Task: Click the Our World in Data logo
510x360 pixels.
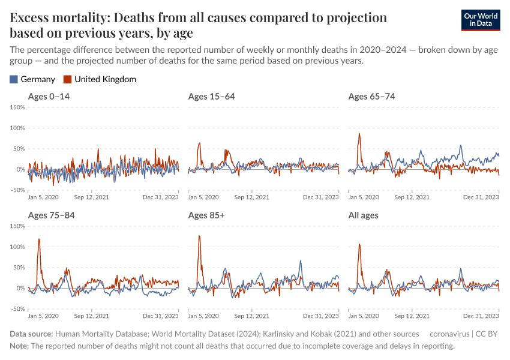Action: [x=481, y=20]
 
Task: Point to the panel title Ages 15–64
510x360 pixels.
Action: [x=211, y=97]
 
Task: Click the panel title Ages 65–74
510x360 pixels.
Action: [x=371, y=97]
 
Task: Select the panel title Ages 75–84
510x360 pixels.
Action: [x=51, y=215]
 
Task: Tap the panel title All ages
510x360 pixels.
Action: [x=363, y=215]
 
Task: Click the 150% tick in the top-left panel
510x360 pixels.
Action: [x=17, y=107]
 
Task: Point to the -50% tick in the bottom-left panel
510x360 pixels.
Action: [x=17, y=309]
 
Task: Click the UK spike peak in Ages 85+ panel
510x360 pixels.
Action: [x=199, y=236]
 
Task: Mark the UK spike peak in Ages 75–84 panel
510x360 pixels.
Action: [x=39, y=239]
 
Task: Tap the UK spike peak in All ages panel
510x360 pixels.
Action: [x=359, y=244]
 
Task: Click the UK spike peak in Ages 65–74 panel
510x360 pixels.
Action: [x=359, y=133]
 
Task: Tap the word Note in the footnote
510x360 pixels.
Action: [x=19, y=346]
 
